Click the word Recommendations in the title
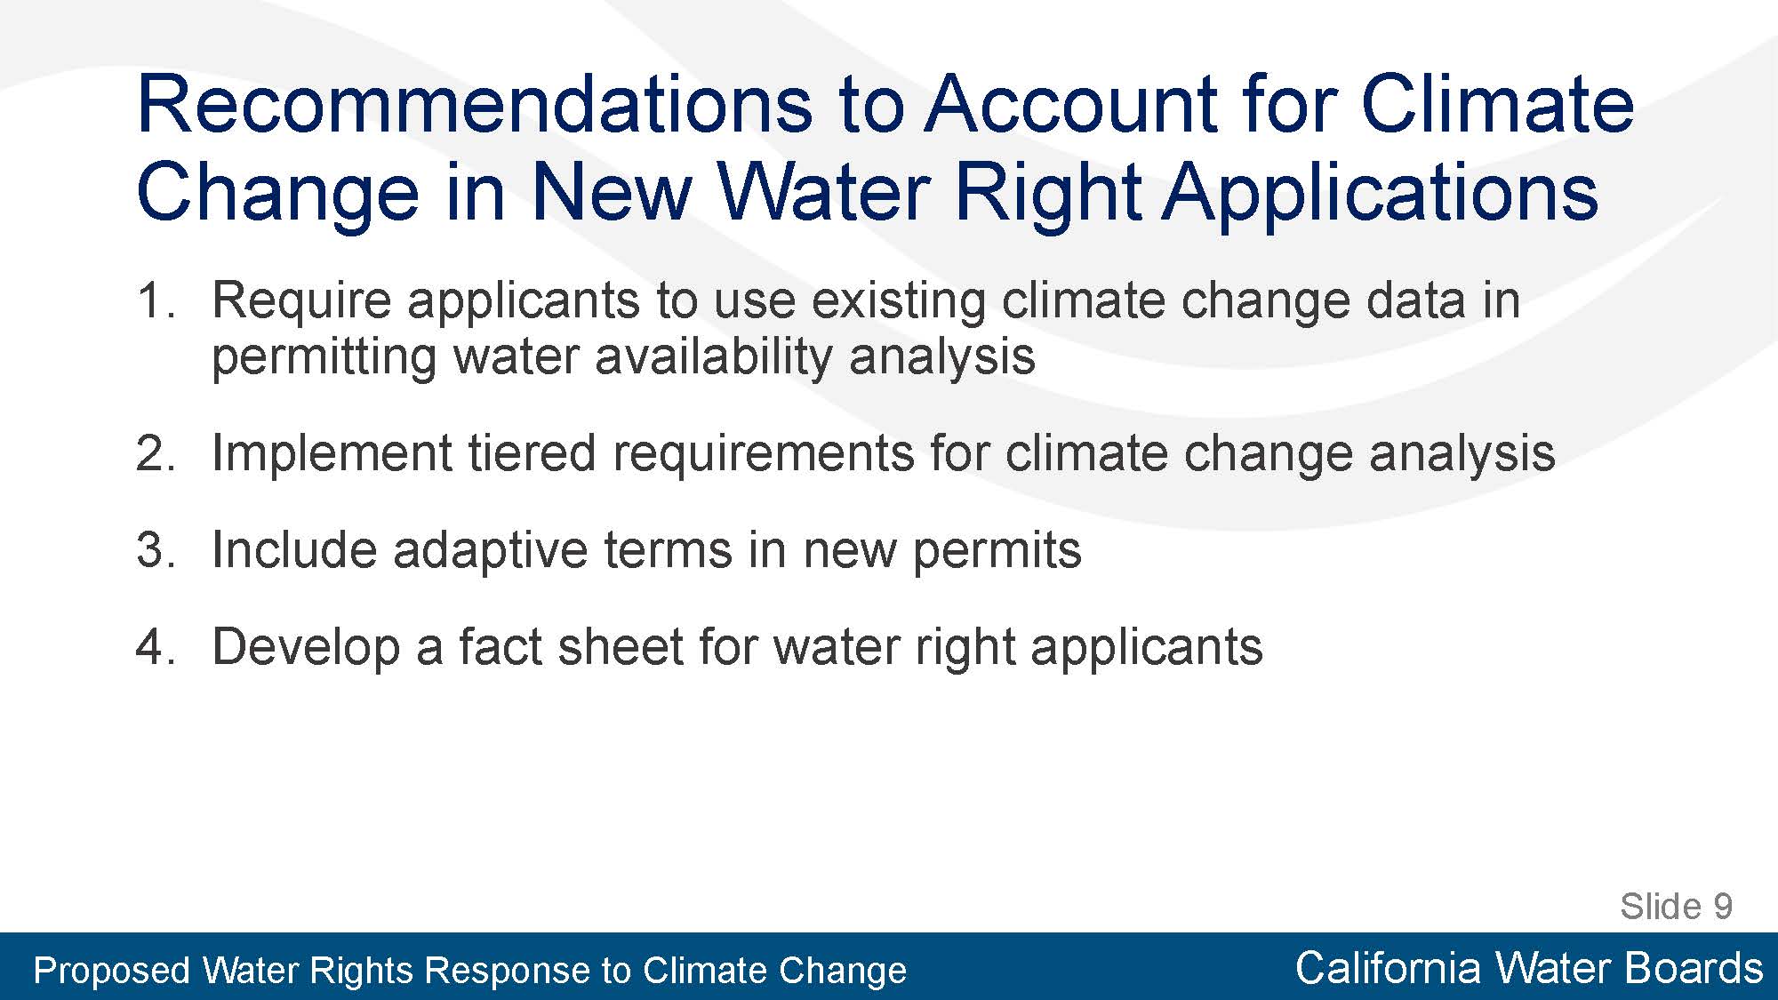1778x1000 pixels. click(x=475, y=104)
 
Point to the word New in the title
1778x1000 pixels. click(x=611, y=191)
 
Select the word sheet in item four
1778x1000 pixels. click(x=620, y=646)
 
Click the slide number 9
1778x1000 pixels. click(x=1723, y=907)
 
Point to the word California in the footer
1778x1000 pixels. click(x=1388, y=968)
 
